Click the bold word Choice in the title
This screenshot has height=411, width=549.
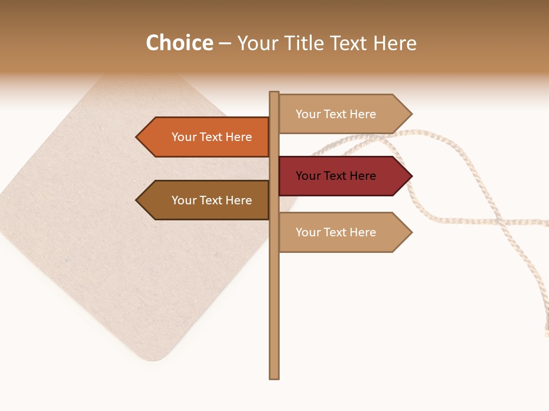(x=179, y=43)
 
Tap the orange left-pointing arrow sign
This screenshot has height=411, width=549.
(x=203, y=137)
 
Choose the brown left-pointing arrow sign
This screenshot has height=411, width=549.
(x=203, y=200)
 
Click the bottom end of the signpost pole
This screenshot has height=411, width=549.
(x=274, y=376)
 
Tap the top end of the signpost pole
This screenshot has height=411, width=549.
(x=274, y=94)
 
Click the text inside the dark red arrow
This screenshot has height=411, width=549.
(x=336, y=176)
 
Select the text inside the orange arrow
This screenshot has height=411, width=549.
(x=212, y=137)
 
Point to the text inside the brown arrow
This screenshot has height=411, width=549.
(x=212, y=200)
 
